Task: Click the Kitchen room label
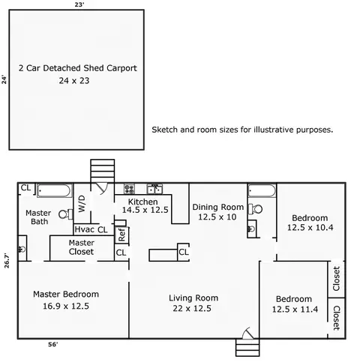tap(142, 202)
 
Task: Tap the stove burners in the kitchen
tap(130, 189)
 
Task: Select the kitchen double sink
tap(154, 189)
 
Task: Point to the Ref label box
tap(121, 235)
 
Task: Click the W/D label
tap(82, 204)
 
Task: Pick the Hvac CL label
tap(91, 229)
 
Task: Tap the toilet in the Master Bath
tap(66, 214)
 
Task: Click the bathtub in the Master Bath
tap(54, 191)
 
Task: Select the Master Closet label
tap(82, 247)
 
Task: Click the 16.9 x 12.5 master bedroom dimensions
tap(66, 306)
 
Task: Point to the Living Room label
tap(193, 298)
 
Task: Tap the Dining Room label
tap(218, 207)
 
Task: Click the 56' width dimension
tap(53, 345)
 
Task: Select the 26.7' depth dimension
tap(7, 261)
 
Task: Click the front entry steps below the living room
tap(247, 348)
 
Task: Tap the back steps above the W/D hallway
tap(103, 171)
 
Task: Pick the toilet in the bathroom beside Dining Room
tap(255, 209)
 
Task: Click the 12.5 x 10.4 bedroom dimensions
tap(310, 228)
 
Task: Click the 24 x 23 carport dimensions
tap(74, 81)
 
